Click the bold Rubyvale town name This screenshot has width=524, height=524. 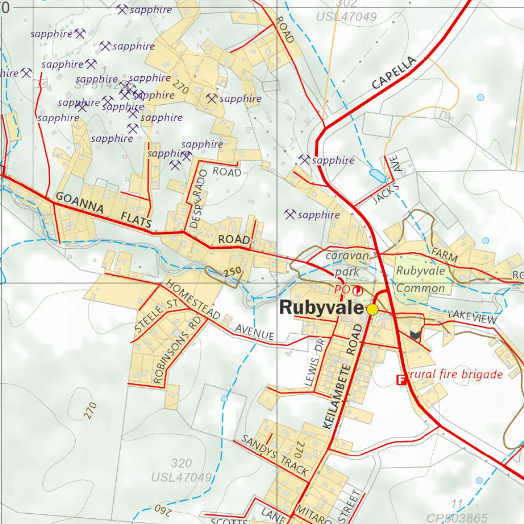[321, 308]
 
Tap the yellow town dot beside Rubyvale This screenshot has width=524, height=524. [372, 309]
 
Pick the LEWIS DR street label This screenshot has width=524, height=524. [314, 364]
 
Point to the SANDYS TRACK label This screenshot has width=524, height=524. [274, 455]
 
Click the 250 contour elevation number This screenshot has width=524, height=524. [232, 273]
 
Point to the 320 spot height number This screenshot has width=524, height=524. [181, 464]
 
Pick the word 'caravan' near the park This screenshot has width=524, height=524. [347, 255]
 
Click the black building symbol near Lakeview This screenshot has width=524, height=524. [415, 335]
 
